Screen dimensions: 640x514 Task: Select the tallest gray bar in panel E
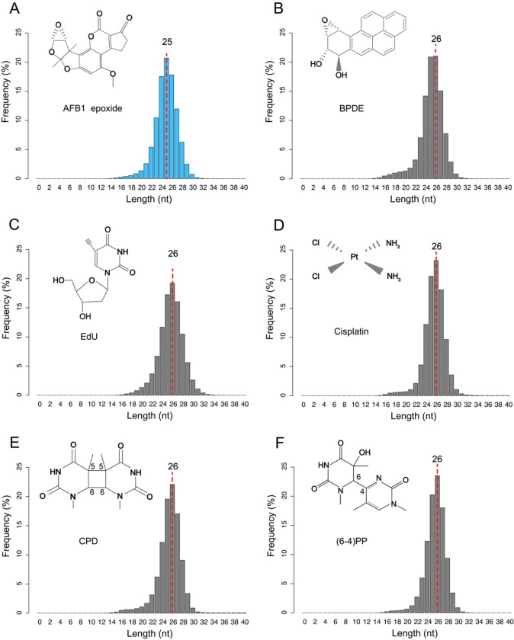point(172,549)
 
